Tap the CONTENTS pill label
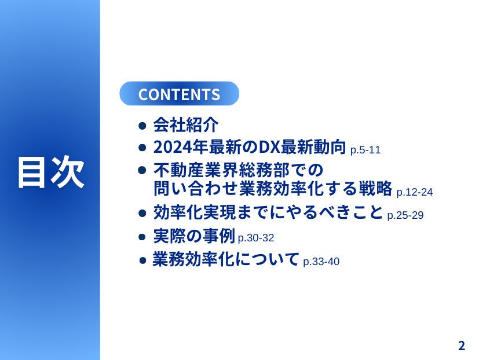[179, 94]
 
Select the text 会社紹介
[186, 124]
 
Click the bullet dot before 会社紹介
[142, 126]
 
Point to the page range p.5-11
[365, 150]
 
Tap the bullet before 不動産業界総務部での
[142, 170]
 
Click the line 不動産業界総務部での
[238, 170]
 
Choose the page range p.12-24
[415, 192]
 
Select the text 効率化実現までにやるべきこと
[268, 212]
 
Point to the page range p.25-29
[405, 215]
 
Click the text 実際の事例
[194, 236]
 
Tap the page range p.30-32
[256, 238]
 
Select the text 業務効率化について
[225, 259]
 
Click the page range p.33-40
[321, 262]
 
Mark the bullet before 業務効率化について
[142, 260]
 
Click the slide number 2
[462, 346]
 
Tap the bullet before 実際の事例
[142, 237]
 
